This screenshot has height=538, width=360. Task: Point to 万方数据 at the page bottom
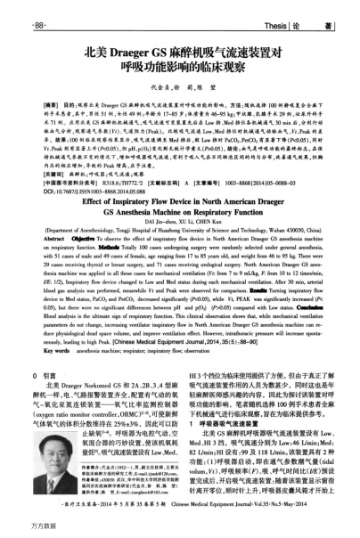(21, 530)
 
